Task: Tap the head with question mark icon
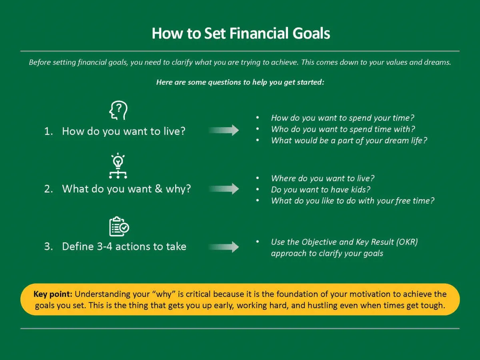point(118,110)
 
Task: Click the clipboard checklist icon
point(119,226)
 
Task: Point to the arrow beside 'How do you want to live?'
point(224,130)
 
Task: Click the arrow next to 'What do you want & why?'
point(224,189)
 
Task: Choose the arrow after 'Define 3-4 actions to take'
point(224,247)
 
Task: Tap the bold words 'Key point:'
point(53,294)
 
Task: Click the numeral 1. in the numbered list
point(48,131)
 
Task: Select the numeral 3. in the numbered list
point(48,246)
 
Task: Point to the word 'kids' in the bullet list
point(358,190)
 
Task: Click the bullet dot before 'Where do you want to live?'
point(258,178)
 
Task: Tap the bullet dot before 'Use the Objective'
point(258,242)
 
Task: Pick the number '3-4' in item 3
point(104,246)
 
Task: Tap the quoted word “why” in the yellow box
point(164,294)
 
